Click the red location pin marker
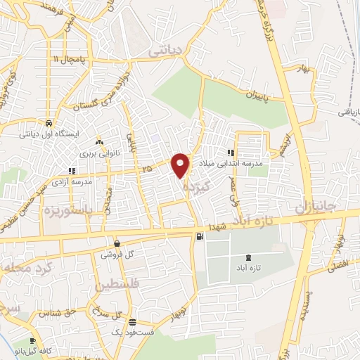click(x=181, y=165)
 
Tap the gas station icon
click(x=201, y=236)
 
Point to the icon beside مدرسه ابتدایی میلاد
click(x=231, y=153)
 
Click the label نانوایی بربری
click(x=96, y=151)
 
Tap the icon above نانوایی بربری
click(x=99, y=141)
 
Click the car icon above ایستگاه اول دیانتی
click(x=48, y=120)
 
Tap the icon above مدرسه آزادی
click(x=71, y=171)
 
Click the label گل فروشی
click(x=117, y=254)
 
